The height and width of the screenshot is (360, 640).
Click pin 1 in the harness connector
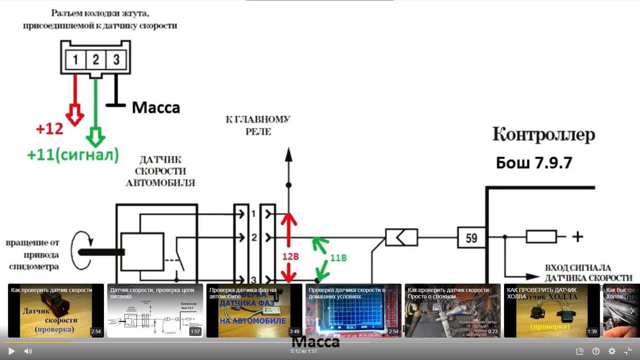coord(75,60)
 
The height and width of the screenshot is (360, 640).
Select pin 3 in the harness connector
coord(116,60)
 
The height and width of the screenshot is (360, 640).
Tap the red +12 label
coord(50,129)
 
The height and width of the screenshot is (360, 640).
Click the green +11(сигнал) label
coord(73,155)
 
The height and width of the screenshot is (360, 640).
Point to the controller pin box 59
coord(471,238)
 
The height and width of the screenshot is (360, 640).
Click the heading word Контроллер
coord(543,135)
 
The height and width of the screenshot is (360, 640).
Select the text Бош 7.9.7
coord(534,163)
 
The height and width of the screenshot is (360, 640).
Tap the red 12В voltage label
coord(290,256)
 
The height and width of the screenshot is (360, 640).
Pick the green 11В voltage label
coord(338,258)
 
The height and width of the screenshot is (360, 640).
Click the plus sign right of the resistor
coord(577,237)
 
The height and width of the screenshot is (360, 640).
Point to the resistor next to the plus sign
coord(541,237)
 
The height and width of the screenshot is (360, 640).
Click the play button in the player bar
coord(12,351)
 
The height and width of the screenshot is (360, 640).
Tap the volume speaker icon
coord(28,351)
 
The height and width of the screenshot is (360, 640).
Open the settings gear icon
coord(612,351)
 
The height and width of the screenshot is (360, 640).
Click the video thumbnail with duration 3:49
coord(254,311)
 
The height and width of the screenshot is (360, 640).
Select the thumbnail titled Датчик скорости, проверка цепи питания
coord(155,311)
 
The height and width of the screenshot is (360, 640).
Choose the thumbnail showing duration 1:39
coord(552,311)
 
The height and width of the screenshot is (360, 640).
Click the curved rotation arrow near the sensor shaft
coord(82,250)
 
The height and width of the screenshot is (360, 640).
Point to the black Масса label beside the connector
coord(156,108)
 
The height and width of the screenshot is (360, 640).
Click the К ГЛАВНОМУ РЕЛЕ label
coord(258,125)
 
